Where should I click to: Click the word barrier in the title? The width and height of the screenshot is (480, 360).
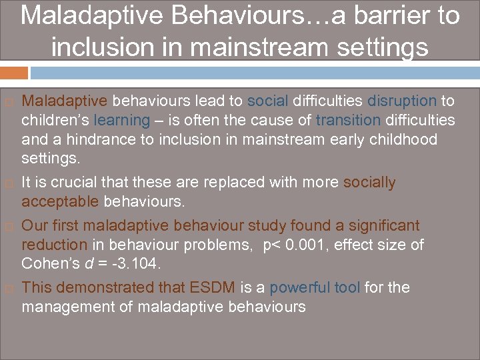(x=388, y=15)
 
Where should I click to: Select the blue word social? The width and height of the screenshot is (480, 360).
(x=267, y=101)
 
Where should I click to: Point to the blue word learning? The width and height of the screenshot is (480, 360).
(x=122, y=121)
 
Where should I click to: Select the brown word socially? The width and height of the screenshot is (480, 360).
(x=369, y=183)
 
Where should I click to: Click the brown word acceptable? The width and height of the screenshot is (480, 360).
(x=60, y=202)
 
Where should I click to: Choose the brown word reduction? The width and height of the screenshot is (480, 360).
(x=54, y=245)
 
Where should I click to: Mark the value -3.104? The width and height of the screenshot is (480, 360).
(x=137, y=265)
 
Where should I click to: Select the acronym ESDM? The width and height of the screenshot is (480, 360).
(x=212, y=288)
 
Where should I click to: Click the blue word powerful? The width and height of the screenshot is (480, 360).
(x=299, y=288)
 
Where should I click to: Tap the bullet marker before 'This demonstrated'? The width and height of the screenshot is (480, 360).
(x=9, y=289)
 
